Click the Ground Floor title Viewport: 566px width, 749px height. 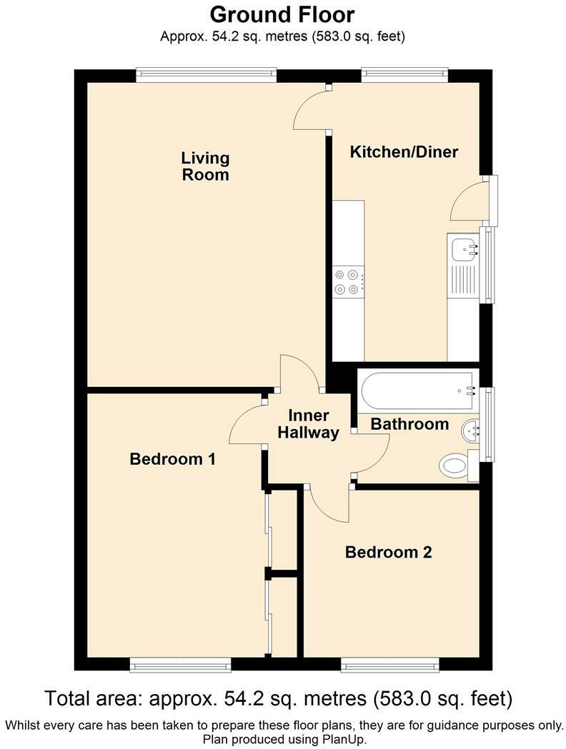coord(282,14)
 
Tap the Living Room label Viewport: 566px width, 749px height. coord(205,166)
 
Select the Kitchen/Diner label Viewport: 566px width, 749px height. coord(404,152)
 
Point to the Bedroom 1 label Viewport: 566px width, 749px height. coord(172,459)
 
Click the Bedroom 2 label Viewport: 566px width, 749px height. coord(388,552)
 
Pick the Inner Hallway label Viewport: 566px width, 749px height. coord(309,424)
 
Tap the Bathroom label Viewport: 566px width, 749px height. coord(409,424)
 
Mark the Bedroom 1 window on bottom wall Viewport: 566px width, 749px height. coord(180,665)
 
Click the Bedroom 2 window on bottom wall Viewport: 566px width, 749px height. coord(389,665)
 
